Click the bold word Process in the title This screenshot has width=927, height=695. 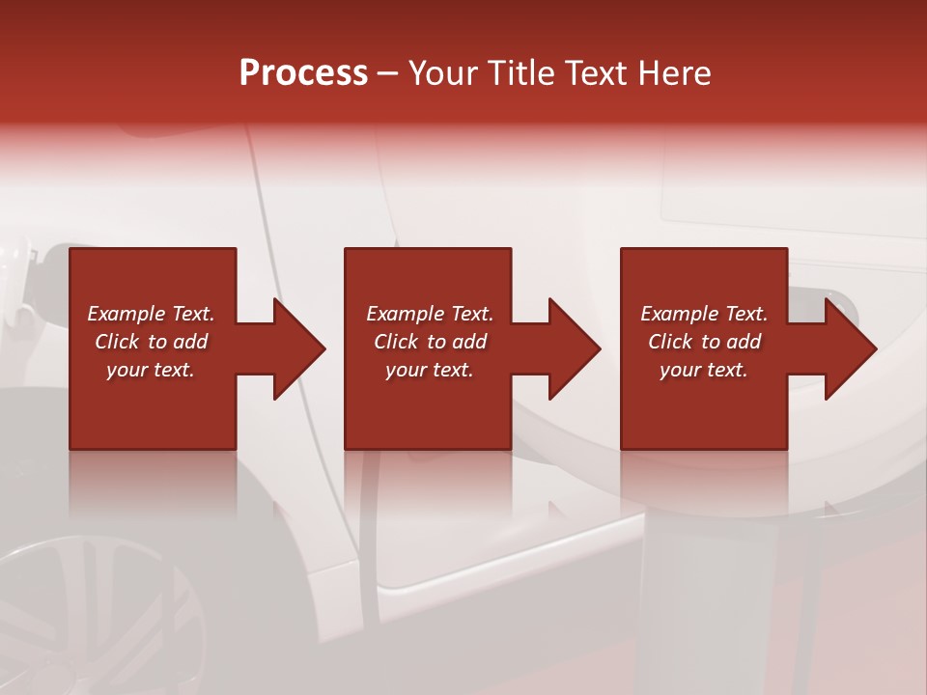point(303,73)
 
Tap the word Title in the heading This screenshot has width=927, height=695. point(520,73)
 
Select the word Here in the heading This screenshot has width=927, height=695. point(675,73)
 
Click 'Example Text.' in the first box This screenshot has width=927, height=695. point(151,314)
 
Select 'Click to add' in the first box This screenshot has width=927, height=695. point(151,342)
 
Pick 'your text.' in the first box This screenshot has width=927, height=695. point(151,370)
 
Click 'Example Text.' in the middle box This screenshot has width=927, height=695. point(430,314)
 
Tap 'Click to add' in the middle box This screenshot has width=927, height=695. point(430,342)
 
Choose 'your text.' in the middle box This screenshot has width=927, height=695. point(430,370)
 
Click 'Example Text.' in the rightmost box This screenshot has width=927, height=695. point(704,314)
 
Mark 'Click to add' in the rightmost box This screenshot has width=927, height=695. point(704,342)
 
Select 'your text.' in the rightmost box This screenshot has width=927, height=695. point(704,370)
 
